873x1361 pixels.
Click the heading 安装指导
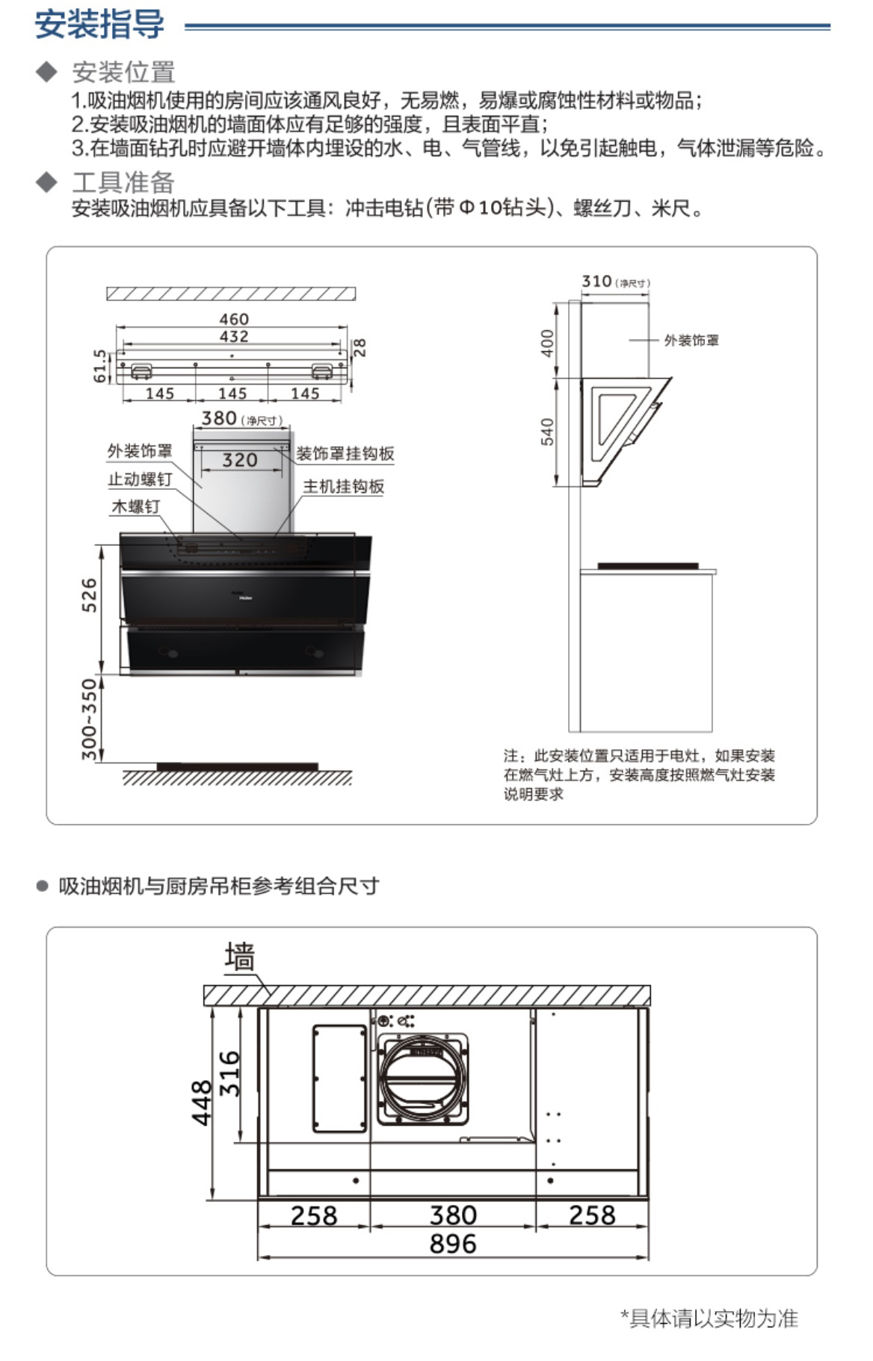[99, 24]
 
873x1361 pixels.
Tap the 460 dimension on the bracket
[234, 320]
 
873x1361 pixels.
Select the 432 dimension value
[234, 337]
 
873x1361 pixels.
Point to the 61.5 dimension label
[100, 366]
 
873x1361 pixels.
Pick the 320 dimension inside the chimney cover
[240, 460]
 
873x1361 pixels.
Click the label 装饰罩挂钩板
[345, 453]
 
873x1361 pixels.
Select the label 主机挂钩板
[343, 487]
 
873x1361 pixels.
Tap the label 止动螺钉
[140, 479]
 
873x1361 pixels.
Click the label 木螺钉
[135, 506]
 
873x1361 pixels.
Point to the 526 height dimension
[89, 595]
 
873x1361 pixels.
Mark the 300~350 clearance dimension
[89, 719]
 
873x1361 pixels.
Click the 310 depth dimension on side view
[597, 282]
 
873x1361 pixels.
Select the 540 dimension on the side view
[547, 432]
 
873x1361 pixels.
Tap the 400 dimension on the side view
[547, 343]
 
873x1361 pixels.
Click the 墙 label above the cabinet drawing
[239, 957]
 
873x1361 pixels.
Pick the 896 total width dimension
[453, 1244]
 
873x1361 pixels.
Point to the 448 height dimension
[202, 1103]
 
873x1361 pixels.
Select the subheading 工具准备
[123, 182]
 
